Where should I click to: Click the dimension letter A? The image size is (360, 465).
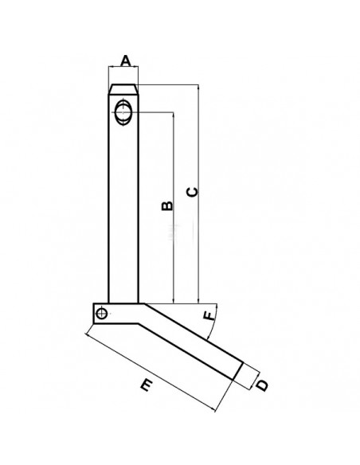[124, 61]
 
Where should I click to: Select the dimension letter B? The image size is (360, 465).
[166, 206]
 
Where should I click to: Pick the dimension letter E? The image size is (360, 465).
[145, 387]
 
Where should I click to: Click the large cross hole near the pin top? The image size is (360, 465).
[124, 111]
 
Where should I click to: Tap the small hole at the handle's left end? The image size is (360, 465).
[101, 314]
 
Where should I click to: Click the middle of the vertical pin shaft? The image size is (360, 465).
[123, 207]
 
